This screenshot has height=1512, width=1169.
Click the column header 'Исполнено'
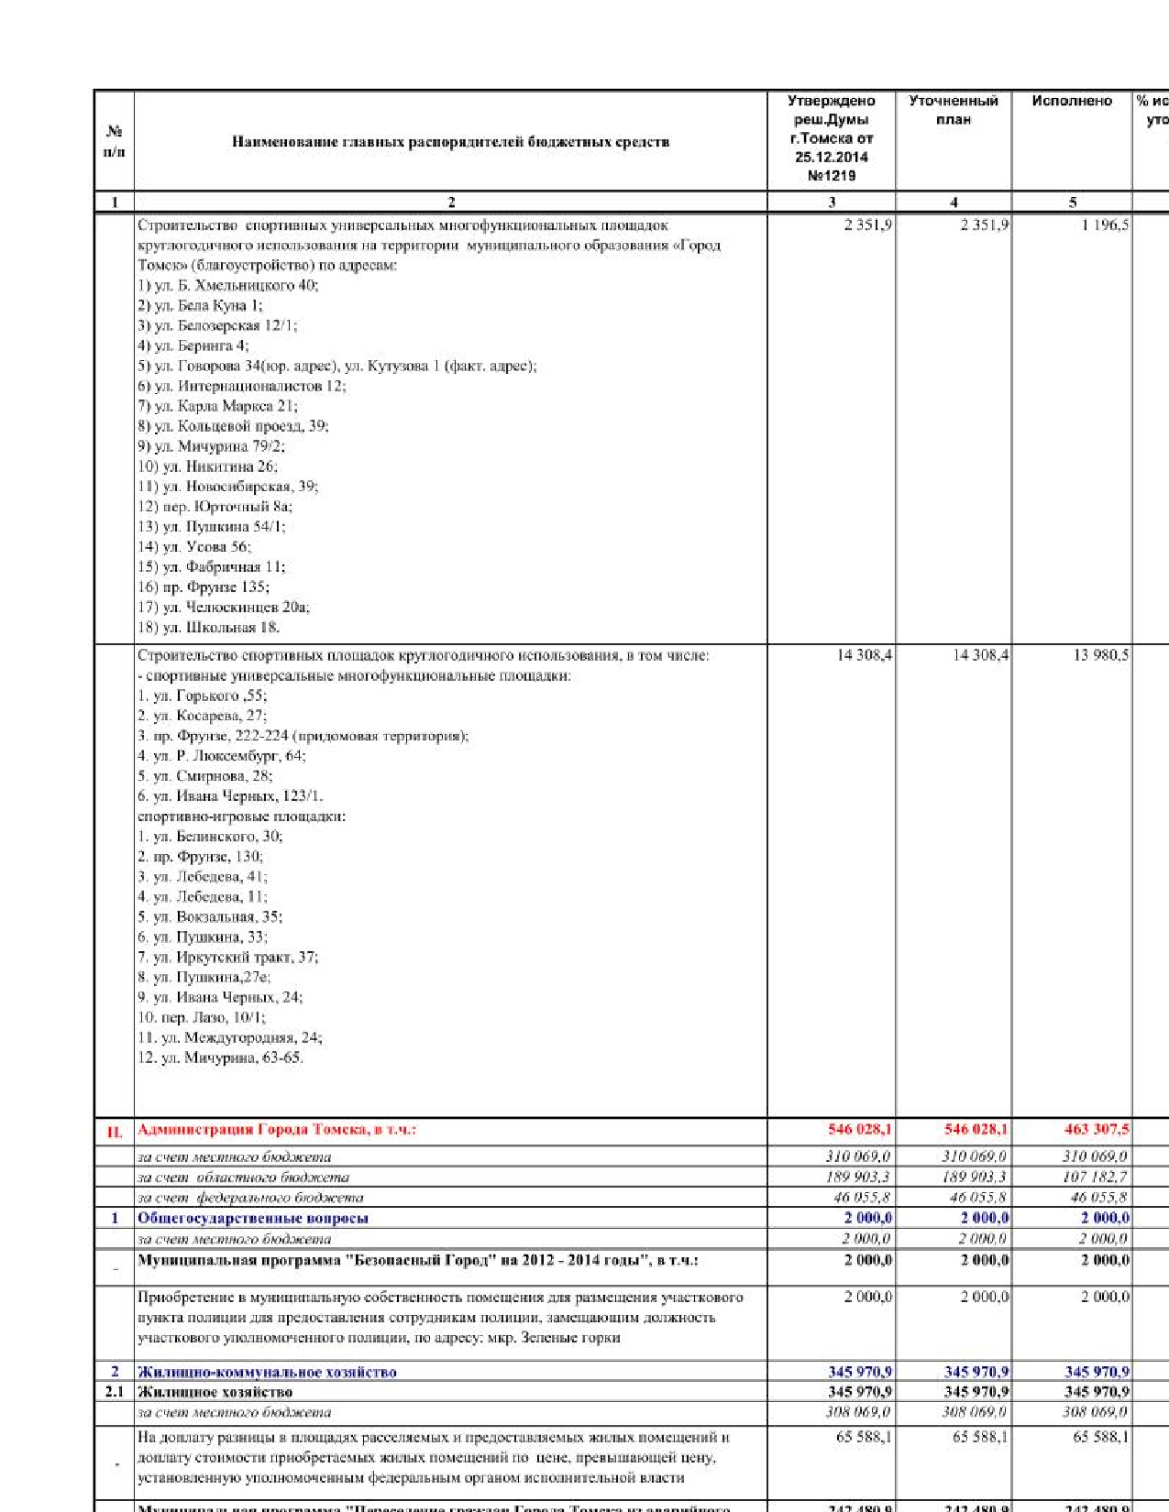(x=1072, y=101)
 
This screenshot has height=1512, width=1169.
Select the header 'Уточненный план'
(x=954, y=110)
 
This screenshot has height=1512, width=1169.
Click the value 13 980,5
(x=1101, y=655)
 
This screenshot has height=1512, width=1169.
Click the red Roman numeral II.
(x=115, y=1132)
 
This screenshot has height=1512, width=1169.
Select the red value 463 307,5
(x=1097, y=1129)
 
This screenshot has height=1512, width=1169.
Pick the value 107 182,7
(x=1096, y=1177)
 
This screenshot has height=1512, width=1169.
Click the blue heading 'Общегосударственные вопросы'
(x=253, y=1218)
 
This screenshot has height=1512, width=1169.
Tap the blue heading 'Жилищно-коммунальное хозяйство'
(x=267, y=1372)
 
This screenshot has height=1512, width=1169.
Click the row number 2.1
(x=114, y=1392)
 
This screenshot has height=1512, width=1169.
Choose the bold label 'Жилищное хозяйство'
(x=215, y=1392)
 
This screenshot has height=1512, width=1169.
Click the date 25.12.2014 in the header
(x=831, y=157)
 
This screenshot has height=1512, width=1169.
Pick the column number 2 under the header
(x=451, y=203)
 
